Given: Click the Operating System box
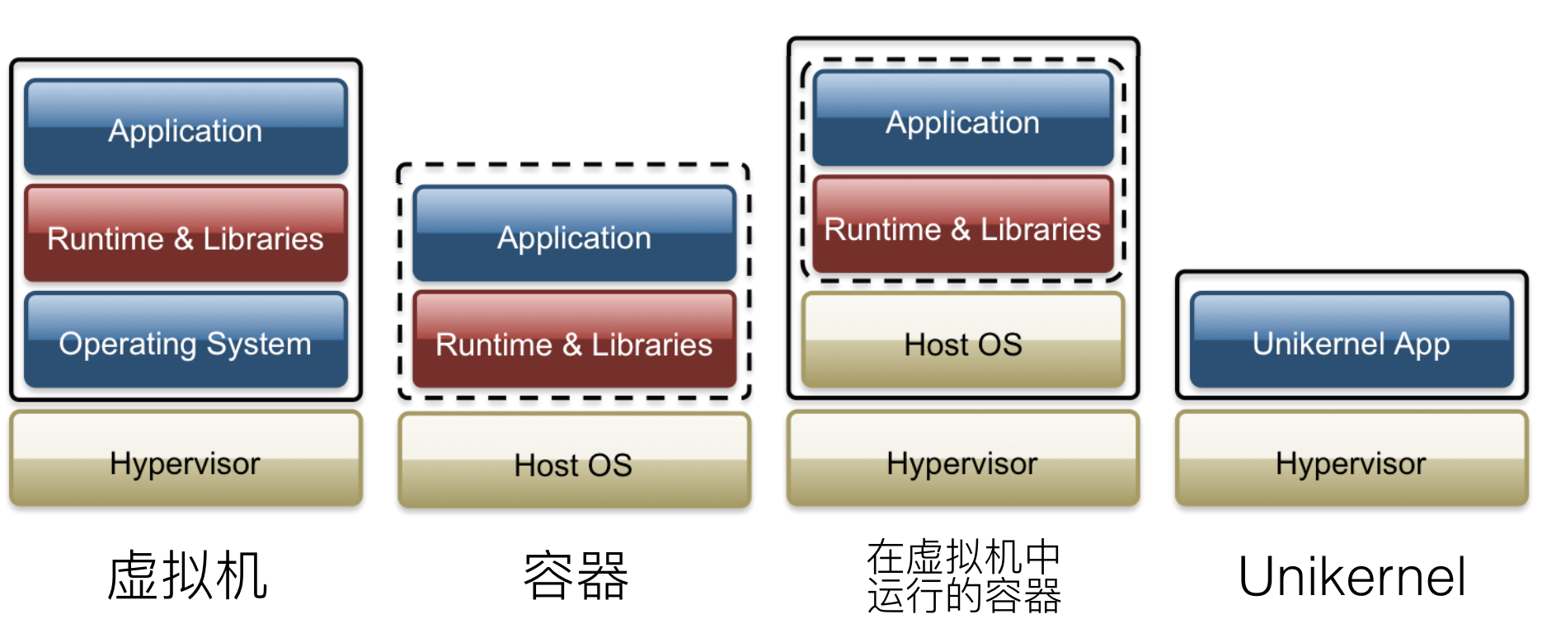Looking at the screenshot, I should (x=186, y=340).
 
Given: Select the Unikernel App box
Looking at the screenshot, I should (x=1351, y=340).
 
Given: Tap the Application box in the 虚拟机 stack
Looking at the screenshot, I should (x=186, y=128).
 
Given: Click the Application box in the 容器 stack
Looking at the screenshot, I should (x=574, y=235).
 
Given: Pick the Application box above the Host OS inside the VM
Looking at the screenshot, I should (x=962, y=120).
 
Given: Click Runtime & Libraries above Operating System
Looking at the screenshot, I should (x=186, y=235).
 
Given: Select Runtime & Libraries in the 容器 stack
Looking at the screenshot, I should (x=574, y=340).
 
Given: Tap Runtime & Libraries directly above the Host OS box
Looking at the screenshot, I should (x=962, y=226).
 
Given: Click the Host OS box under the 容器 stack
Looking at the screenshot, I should (x=574, y=462).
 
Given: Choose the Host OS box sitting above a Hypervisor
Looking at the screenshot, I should (x=962, y=340).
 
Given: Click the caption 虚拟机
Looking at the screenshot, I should (x=187, y=575).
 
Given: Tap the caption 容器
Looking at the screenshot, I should (x=576, y=575).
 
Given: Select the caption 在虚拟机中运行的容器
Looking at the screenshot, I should (x=963, y=576).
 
